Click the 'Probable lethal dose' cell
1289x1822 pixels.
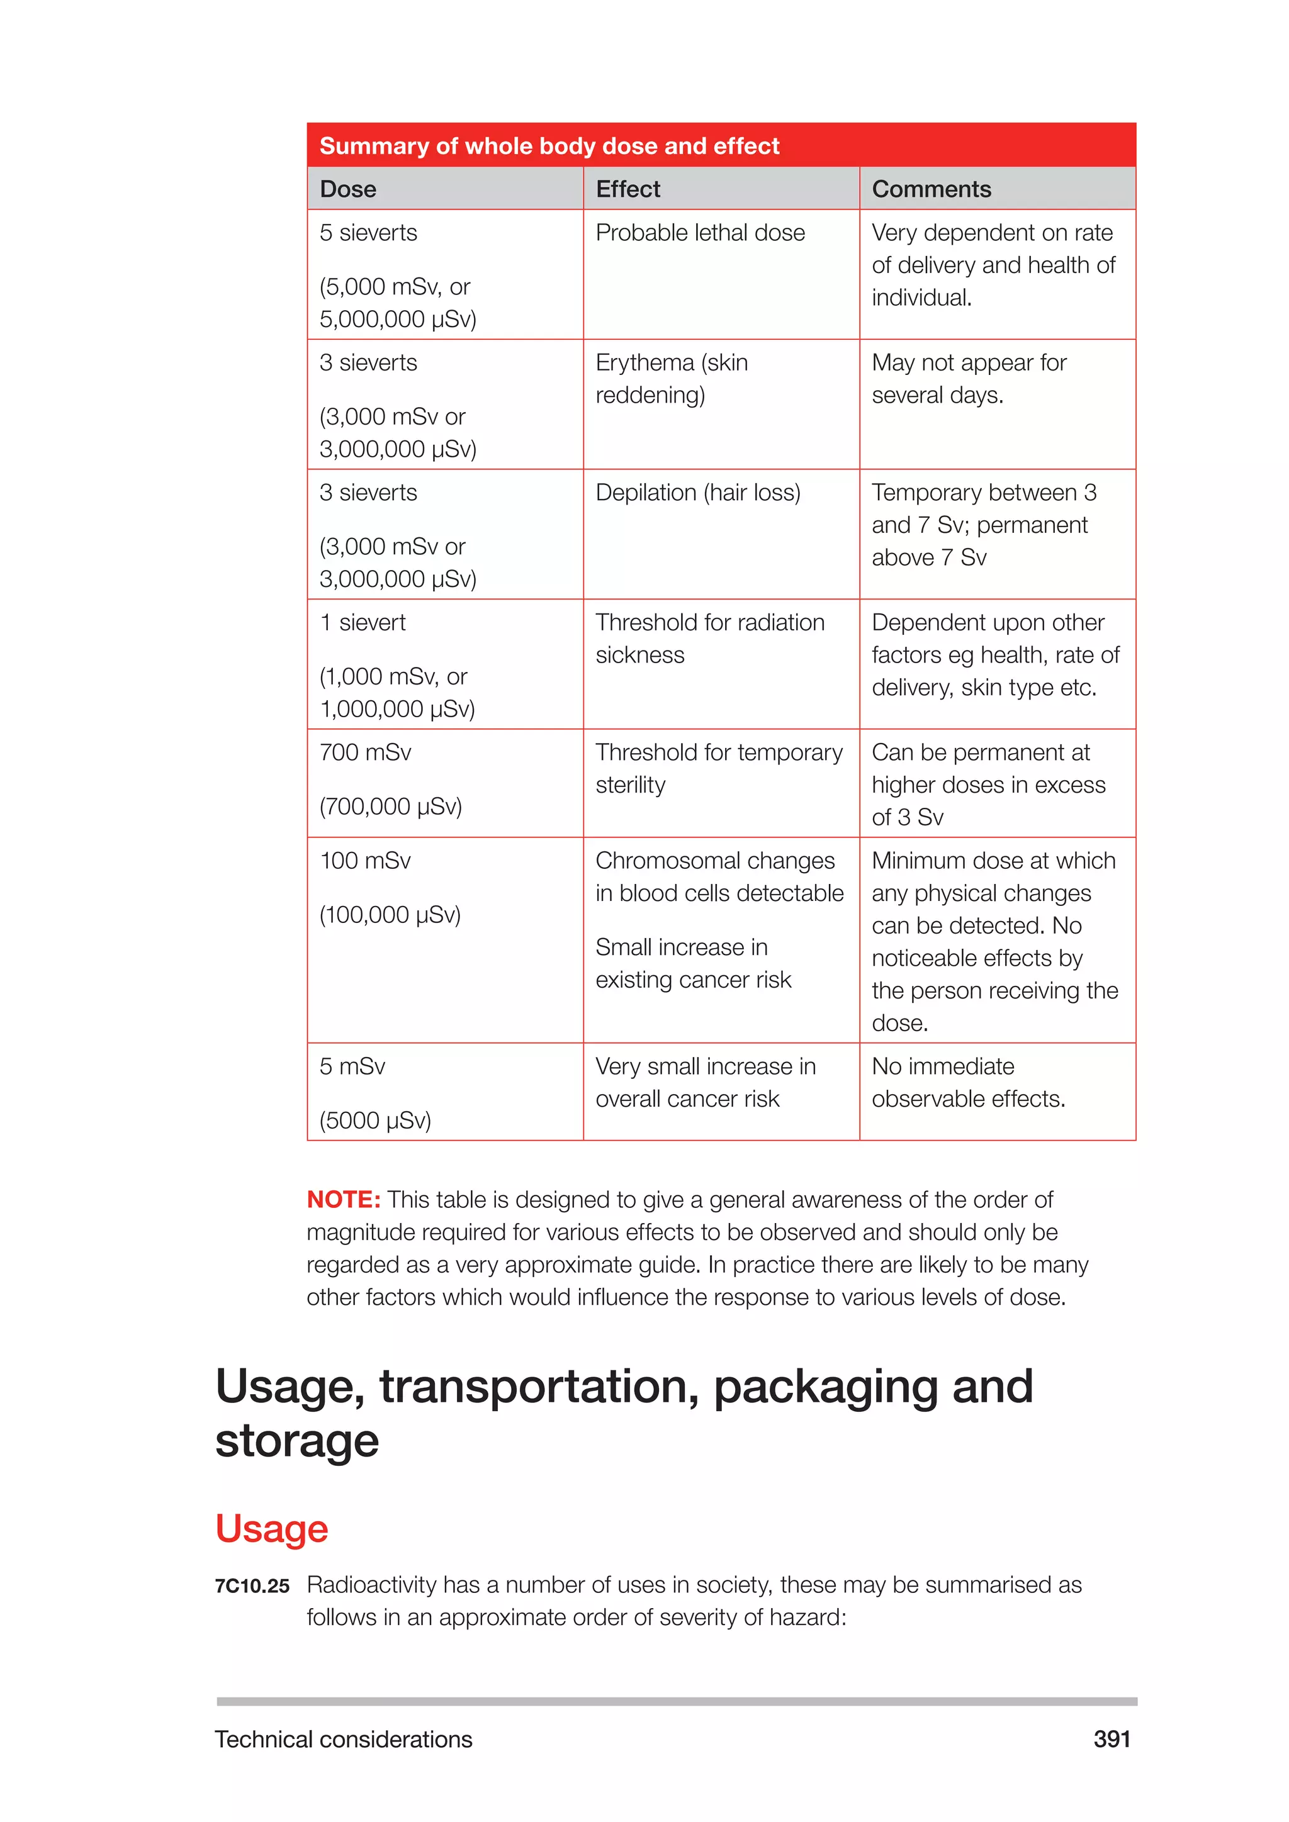pyautogui.click(x=699, y=233)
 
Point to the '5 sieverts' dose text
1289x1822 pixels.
pyautogui.click(x=368, y=233)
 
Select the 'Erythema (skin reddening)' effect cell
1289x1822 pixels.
pyautogui.click(x=672, y=379)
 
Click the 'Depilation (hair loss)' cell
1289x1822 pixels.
pyautogui.click(x=697, y=493)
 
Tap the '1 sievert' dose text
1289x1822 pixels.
pyautogui.click(x=362, y=623)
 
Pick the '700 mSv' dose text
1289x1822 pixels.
pyautogui.click(x=365, y=752)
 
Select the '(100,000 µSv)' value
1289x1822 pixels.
pyautogui.click(x=390, y=915)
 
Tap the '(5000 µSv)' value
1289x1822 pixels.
pyautogui.click(x=374, y=1121)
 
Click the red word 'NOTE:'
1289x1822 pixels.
pyautogui.click(x=344, y=1199)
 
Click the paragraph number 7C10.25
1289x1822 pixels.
pyautogui.click(x=252, y=1586)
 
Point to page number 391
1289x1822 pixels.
pyautogui.click(x=1112, y=1740)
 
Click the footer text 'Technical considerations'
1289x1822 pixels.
pyautogui.click(x=343, y=1740)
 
